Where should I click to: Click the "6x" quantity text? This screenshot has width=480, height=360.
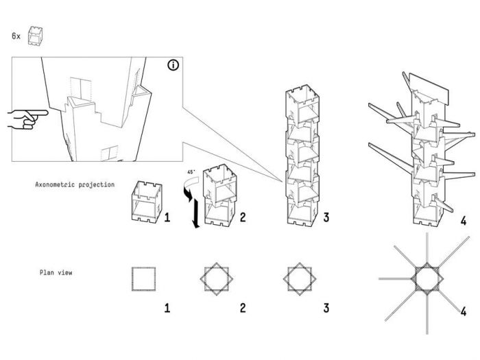pyautogui.click(x=16, y=35)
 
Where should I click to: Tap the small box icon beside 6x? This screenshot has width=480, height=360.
pyautogui.click(x=35, y=36)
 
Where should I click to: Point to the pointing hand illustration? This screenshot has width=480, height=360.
pyautogui.click(x=25, y=118)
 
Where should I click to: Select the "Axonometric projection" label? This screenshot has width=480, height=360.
pyautogui.click(x=75, y=185)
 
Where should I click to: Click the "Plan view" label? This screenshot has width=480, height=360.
pyautogui.click(x=56, y=273)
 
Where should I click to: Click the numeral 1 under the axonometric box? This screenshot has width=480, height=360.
pyautogui.click(x=167, y=219)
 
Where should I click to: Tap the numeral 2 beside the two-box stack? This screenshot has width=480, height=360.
pyautogui.click(x=241, y=219)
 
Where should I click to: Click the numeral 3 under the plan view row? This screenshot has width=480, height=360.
pyautogui.click(x=326, y=308)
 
